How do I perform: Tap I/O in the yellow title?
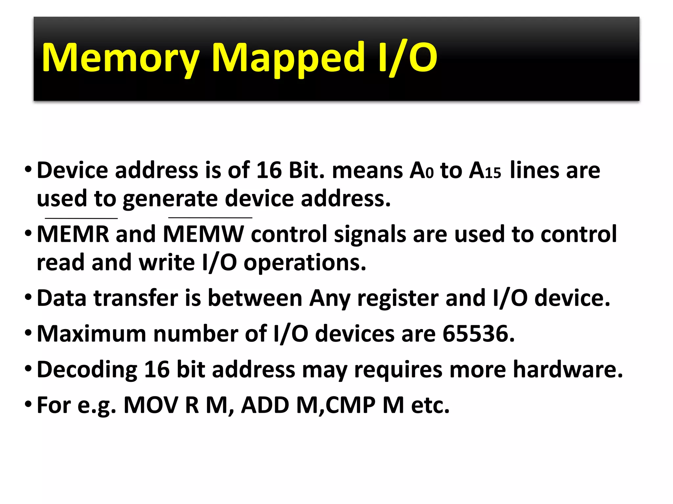(x=407, y=58)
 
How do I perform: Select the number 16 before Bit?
(x=269, y=170)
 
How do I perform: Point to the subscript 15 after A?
(x=493, y=173)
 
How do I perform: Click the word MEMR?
(x=73, y=234)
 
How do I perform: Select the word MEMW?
(x=204, y=234)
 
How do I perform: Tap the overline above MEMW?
(x=210, y=218)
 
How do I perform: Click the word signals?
(x=370, y=234)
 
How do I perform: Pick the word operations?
(x=305, y=263)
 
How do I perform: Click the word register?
(x=398, y=298)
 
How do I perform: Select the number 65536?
(x=478, y=334)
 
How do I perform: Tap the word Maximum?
(x=91, y=334)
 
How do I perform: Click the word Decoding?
(x=87, y=370)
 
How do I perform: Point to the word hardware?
(x=568, y=370)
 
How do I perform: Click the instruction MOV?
(x=151, y=405)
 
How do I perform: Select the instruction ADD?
(x=265, y=405)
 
